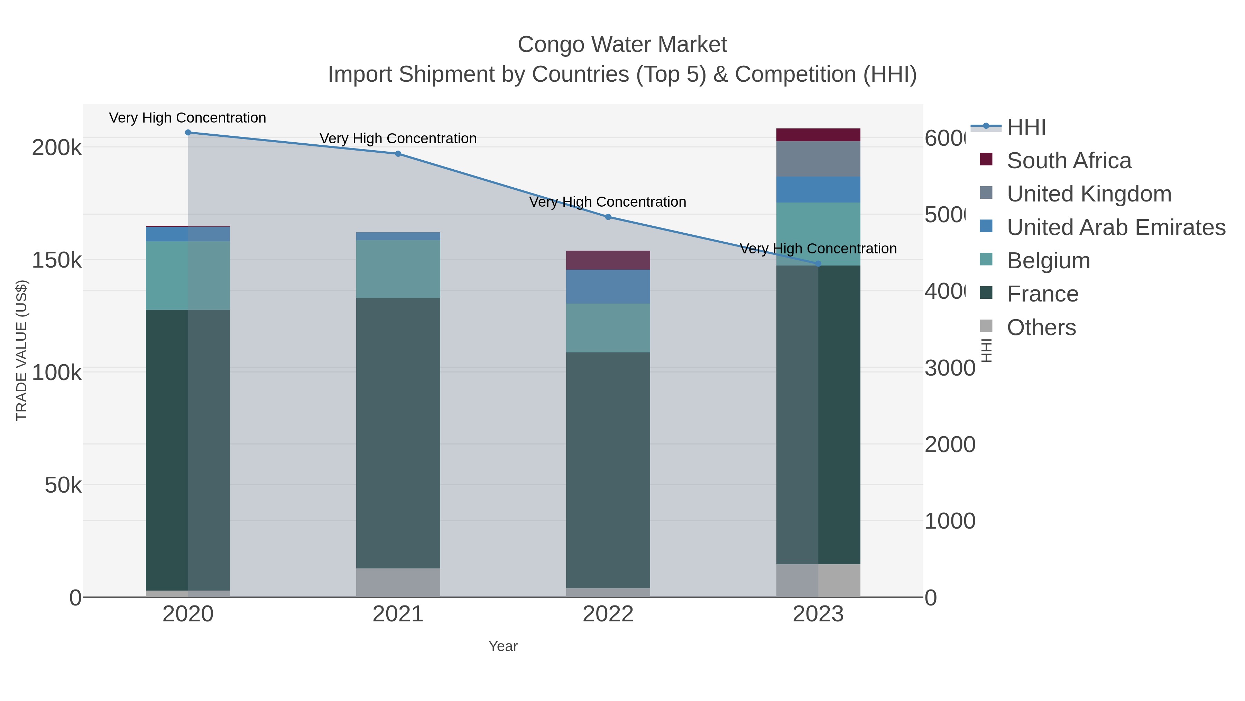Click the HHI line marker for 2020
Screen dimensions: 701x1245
click(188, 133)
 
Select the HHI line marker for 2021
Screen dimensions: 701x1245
click(398, 154)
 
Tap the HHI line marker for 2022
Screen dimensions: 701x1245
click(608, 217)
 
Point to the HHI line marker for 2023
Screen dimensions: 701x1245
click(818, 264)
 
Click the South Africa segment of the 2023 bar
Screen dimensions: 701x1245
click(818, 135)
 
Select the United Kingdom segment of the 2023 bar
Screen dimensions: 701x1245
click(818, 159)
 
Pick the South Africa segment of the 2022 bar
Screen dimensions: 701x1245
click(608, 260)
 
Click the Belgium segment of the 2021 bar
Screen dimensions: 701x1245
click(398, 269)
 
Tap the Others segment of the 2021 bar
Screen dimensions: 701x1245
click(398, 583)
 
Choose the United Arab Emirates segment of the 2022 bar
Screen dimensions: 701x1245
click(608, 287)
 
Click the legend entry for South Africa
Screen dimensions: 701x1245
click(1069, 161)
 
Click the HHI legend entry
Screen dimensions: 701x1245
click(1026, 127)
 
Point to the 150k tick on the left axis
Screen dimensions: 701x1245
click(57, 260)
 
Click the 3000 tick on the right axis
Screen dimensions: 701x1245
click(950, 368)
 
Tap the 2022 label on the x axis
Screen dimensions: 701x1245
click(608, 614)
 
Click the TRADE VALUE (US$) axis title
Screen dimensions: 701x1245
click(22, 350)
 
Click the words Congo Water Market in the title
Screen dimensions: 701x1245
click(622, 45)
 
